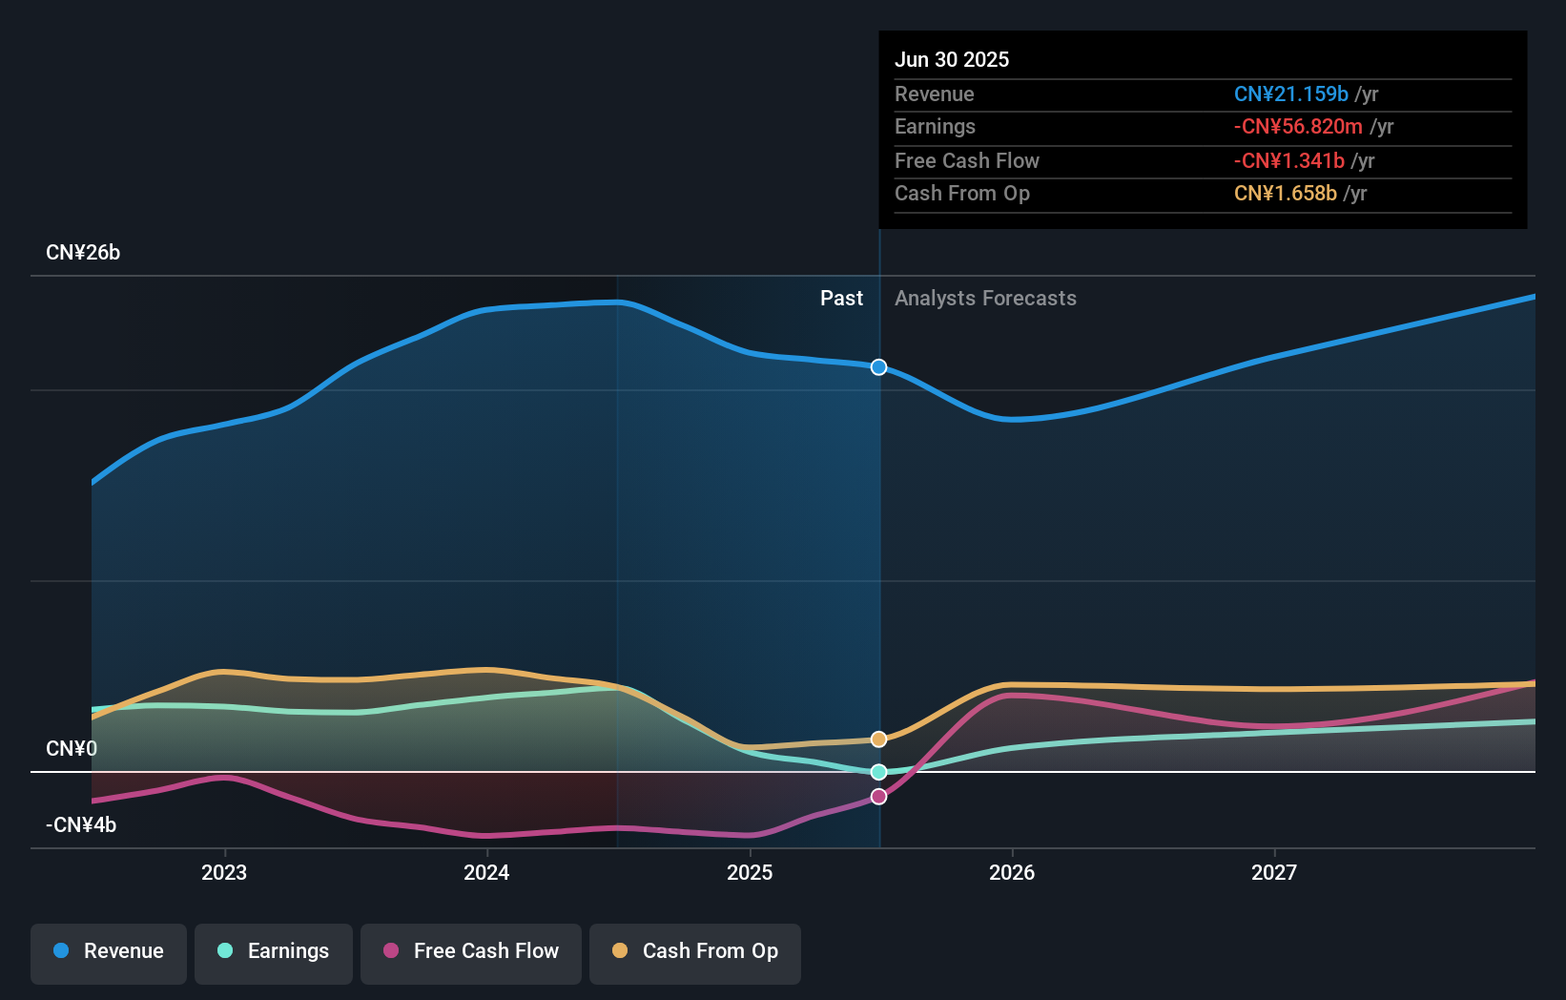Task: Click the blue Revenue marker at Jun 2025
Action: pyautogui.click(x=878, y=367)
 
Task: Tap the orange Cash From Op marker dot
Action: pyautogui.click(x=878, y=740)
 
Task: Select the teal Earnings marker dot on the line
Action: pyautogui.click(x=878, y=772)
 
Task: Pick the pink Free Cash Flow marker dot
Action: pyautogui.click(x=878, y=797)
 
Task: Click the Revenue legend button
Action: pyautogui.click(x=109, y=951)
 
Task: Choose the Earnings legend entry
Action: pyautogui.click(x=274, y=951)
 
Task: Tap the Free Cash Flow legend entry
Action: pyautogui.click(x=471, y=951)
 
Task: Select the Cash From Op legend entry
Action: pyautogui.click(x=695, y=951)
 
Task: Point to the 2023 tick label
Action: pyautogui.click(x=224, y=873)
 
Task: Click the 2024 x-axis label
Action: pyautogui.click(x=486, y=873)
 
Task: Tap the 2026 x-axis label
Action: pyautogui.click(x=1012, y=873)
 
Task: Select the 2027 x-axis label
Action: pyautogui.click(x=1274, y=873)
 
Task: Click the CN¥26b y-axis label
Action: pyautogui.click(x=83, y=253)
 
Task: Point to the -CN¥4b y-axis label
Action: pyautogui.click(x=81, y=825)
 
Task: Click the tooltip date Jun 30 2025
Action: pyautogui.click(x=952, y=60)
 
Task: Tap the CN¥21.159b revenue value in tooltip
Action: pyautogui.click(x=1291, y=94)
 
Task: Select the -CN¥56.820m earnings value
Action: pyautogui.click(x=1298, y=127)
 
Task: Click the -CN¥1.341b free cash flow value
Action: pyautogui.click(x=1289, y=161)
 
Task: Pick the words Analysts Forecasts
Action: pyautogui.click(x=985, y=299)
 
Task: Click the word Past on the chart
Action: pyautogui.click(x=841, y=299)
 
